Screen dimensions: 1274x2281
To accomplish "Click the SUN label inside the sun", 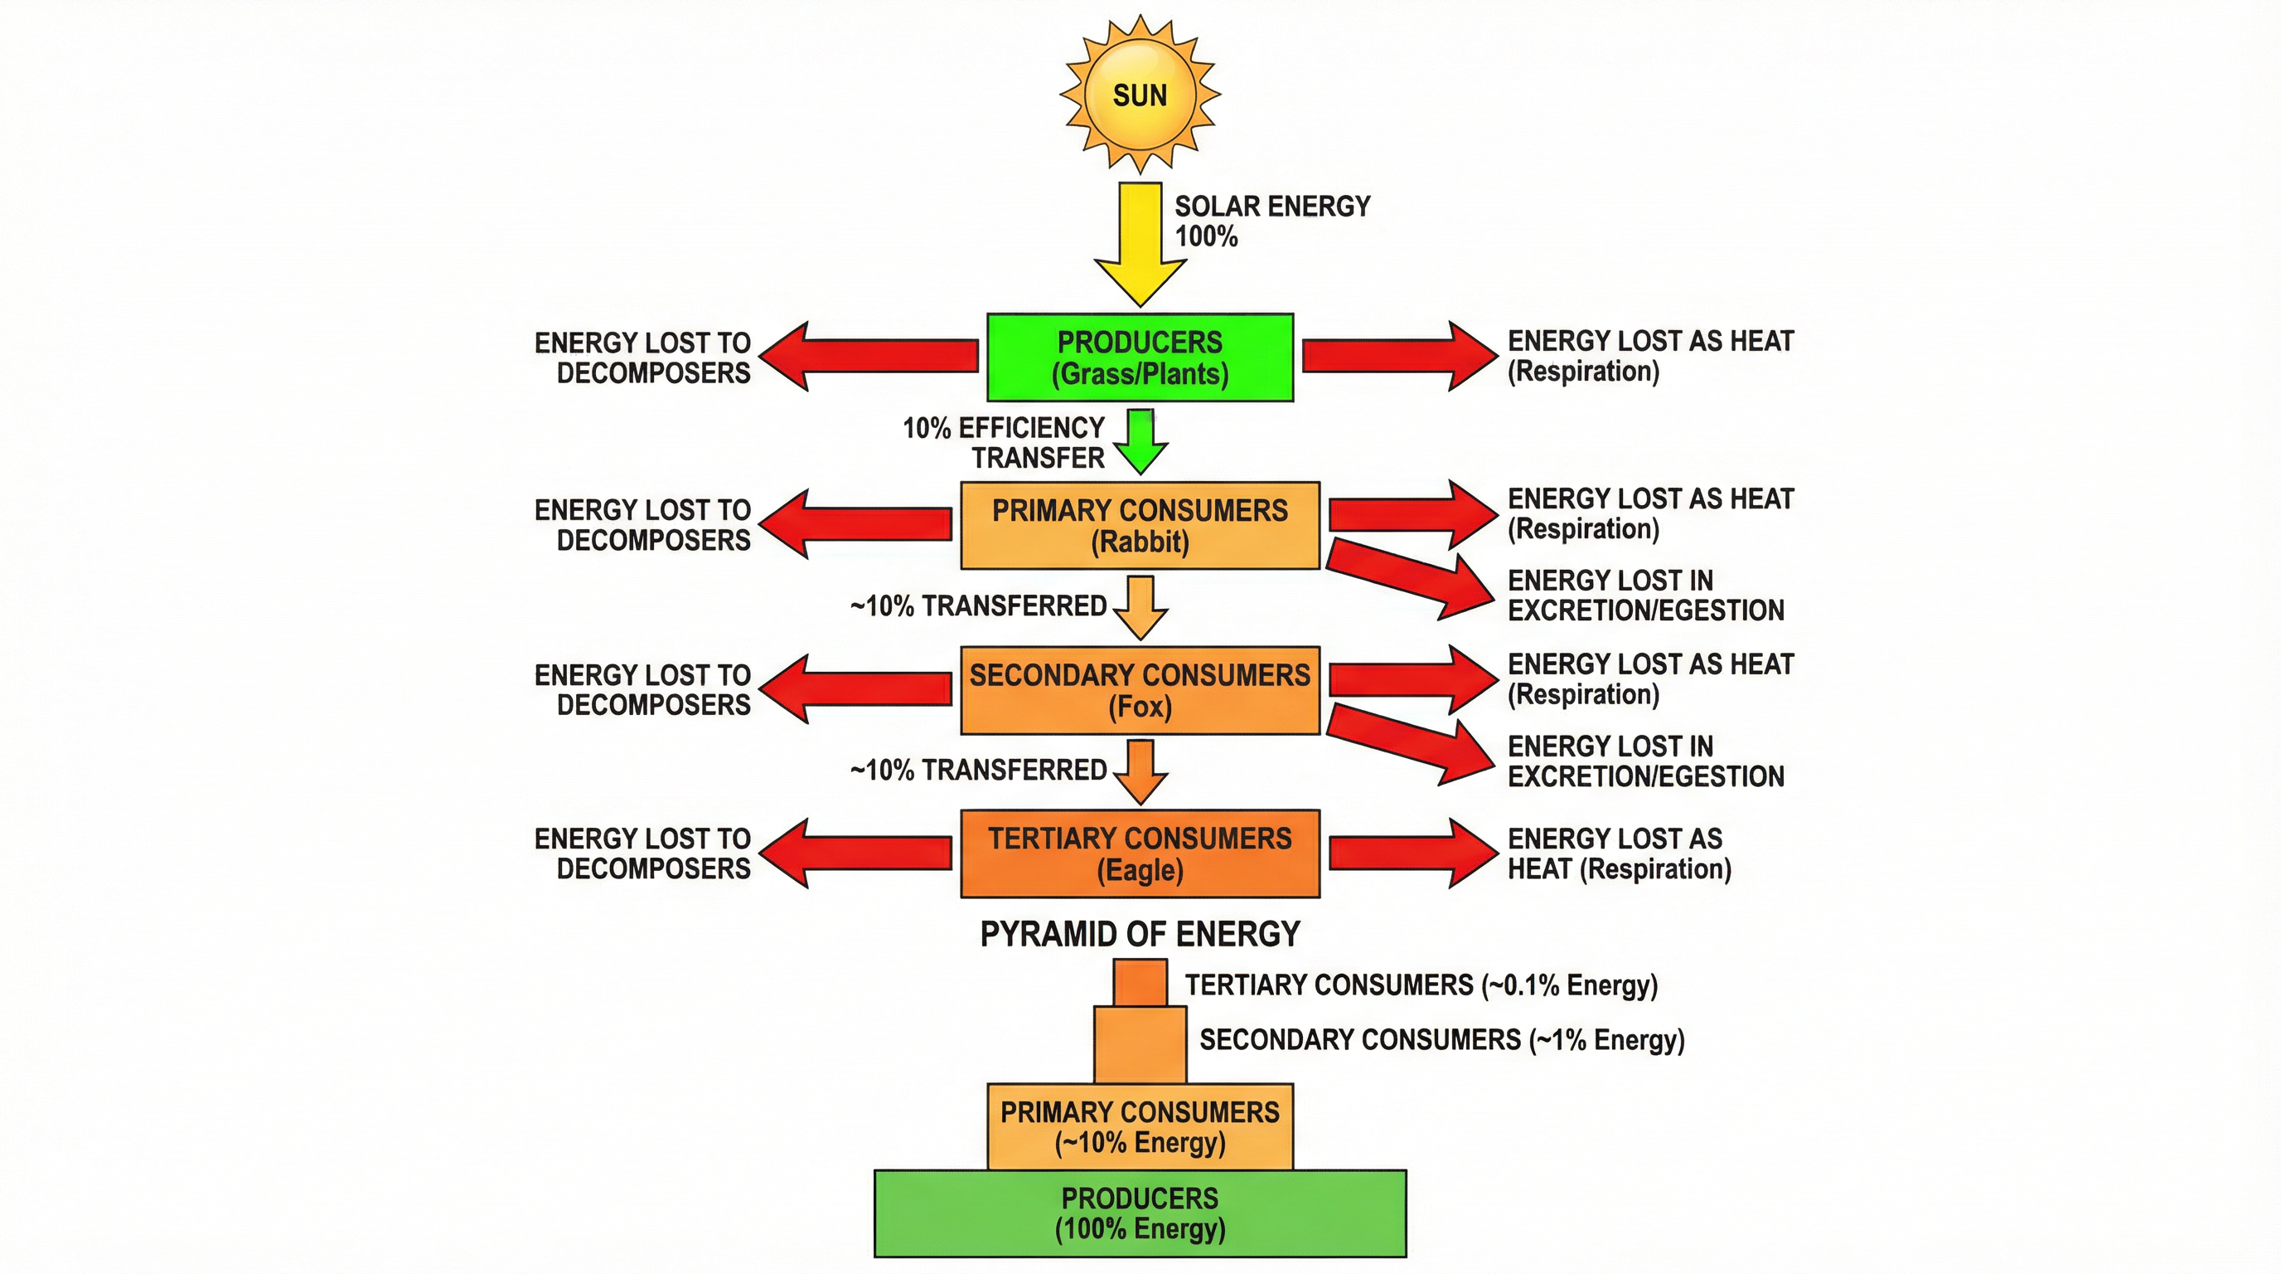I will pyautogui.click(x=1140, y=95).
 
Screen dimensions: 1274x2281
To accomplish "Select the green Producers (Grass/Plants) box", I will pyautogui.click(x=1140, y=357).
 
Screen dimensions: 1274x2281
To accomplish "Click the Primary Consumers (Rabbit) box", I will pyautogui.click(x=1140, y=525).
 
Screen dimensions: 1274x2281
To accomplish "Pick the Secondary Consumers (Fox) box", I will pyautogui.click(x=1140, y=690).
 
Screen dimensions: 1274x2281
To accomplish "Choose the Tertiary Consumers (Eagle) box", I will pyautogui.click(x=1140, y=853).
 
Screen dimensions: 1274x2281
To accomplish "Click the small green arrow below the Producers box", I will pyautogui.click(x=1140, y=441).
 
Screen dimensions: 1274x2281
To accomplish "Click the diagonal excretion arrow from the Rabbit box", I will pyautogui.click(x=1408, y=577).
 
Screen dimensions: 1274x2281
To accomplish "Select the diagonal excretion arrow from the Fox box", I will pyautogui.click(x=1408, y=743).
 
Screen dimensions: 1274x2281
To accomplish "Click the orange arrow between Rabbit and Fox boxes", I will pyautogui.click(x=1140, y=607).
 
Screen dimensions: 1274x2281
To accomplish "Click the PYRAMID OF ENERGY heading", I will pyautogui.click(x=1140, y=934).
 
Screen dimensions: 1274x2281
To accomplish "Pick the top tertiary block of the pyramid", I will pyautogui.click(x=1140, y=984).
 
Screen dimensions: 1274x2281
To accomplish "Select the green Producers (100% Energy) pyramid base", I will pyautogui.click(x=1140, y=1213).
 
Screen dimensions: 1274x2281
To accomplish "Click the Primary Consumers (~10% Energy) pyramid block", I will pyautogui.click(x=1140, y=1126).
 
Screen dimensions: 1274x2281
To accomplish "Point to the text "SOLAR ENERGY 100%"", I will pyautogui.click(x=1271, y=221).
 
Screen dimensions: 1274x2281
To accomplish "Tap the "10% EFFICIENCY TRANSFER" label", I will pyautogui.click(x=1003, y=442).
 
